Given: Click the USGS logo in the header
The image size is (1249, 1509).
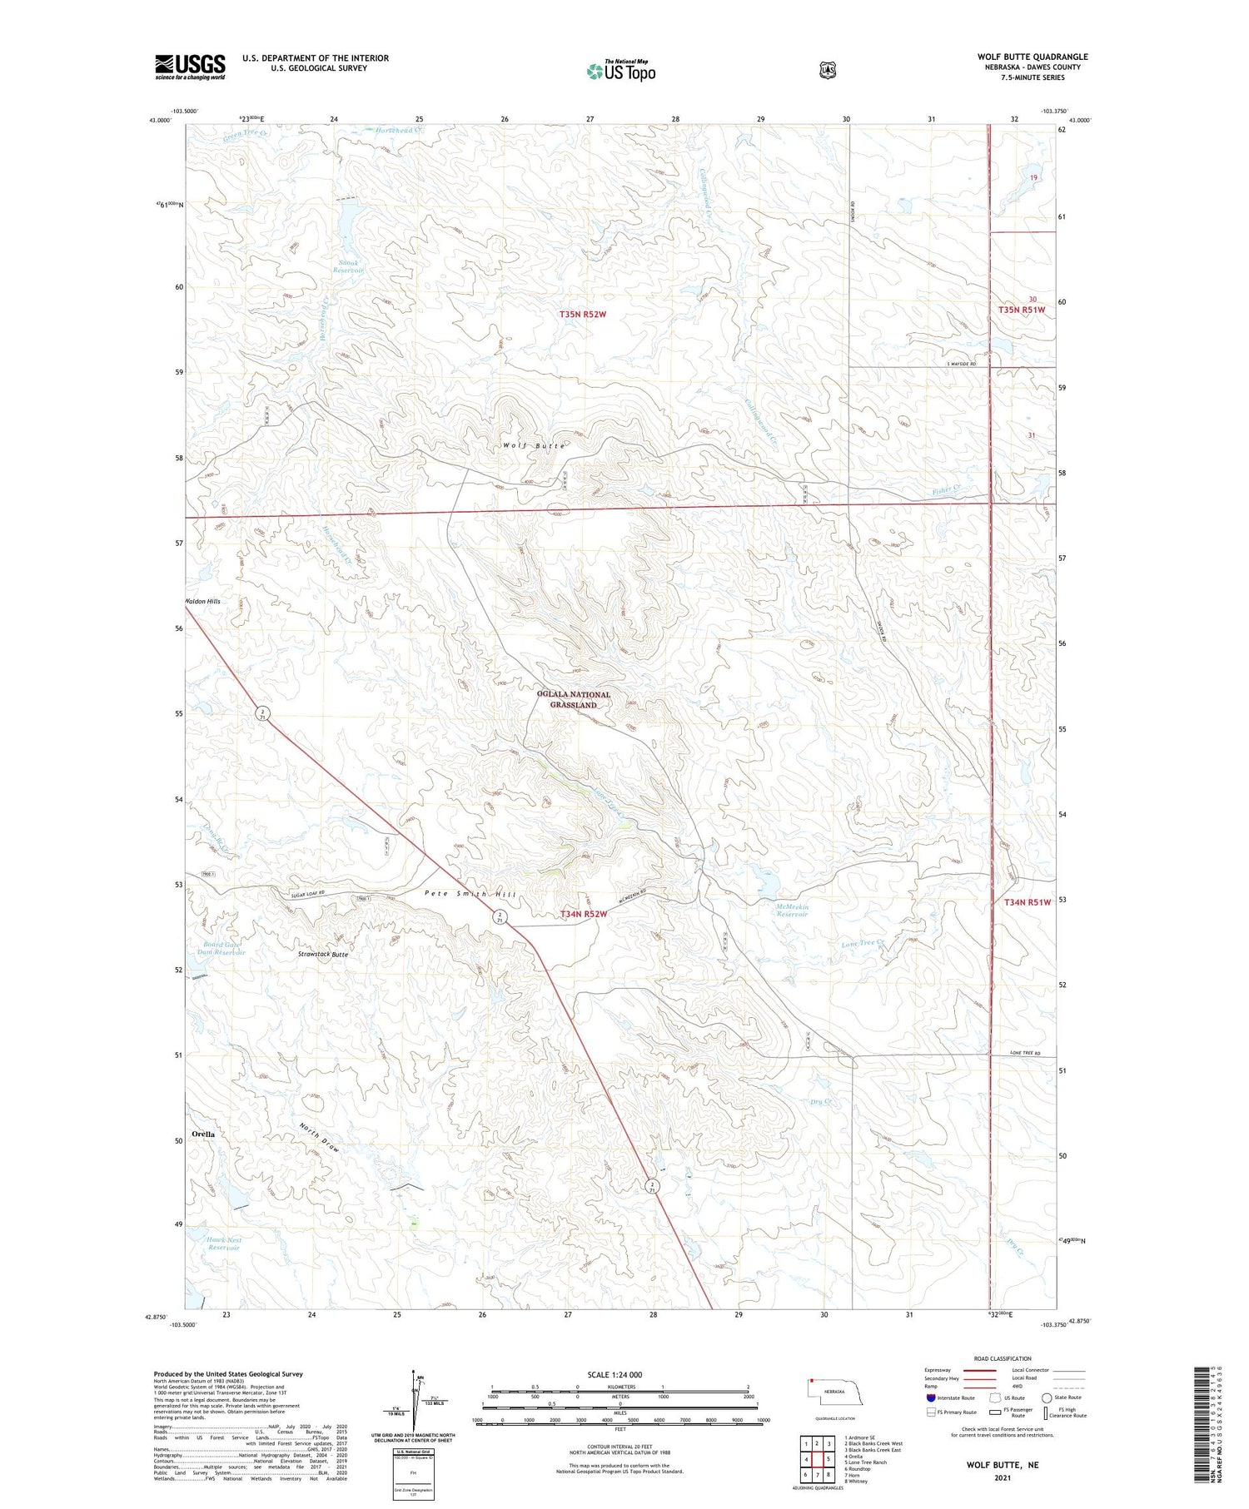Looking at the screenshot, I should click(x=190, y=67).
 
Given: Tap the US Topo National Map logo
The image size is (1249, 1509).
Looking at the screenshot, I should click(x=621, y=71).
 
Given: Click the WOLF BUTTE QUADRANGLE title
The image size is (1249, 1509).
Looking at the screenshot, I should click(x=1032, y=57).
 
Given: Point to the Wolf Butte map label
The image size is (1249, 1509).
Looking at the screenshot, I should click(x=534, y=446).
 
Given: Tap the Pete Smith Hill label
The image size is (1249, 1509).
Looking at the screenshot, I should click(x=470, y=894).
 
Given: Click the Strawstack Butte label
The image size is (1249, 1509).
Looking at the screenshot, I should click(x=323, y=954).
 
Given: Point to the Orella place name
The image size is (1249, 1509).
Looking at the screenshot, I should click(x=203, y=1134).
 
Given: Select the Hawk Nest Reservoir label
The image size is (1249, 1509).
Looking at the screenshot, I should click(x=223, y=1243).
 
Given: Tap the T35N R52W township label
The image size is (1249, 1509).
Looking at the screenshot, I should click(x=583, y=314).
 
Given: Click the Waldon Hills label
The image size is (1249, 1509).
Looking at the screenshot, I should click(x=203, y=601).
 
